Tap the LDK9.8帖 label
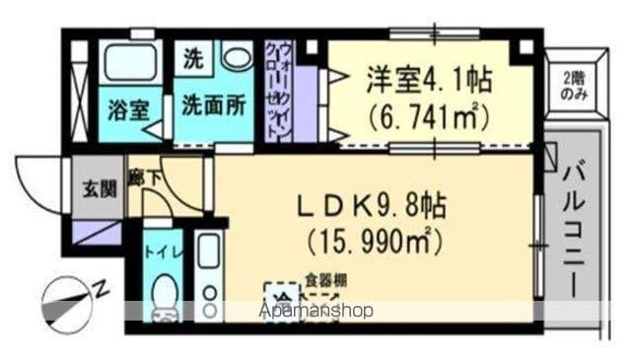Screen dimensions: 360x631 click(372, 206)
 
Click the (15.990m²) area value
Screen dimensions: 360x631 click(372, 239)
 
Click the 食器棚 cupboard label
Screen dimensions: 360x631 click(324, 280)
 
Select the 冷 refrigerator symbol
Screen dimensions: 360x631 click(282, 298)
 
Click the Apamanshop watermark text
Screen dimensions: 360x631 click(315, 312)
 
